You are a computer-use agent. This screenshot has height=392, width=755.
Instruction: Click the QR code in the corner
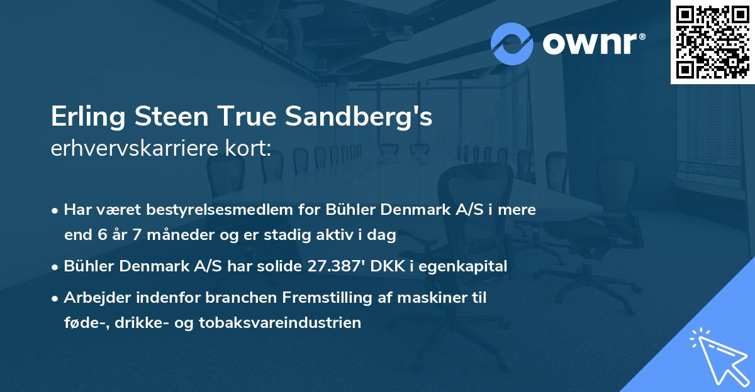tap(712, 41)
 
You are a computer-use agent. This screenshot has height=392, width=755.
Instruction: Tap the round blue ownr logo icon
tap(512, 44)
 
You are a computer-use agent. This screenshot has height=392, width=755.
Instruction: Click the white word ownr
tap(593, 43)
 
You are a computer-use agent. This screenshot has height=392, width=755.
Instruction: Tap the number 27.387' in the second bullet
tap(338, 266)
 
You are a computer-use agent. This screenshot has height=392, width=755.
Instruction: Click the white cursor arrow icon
tap(717, 355)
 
